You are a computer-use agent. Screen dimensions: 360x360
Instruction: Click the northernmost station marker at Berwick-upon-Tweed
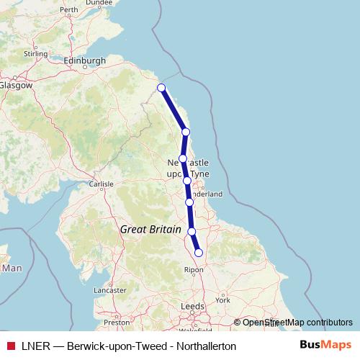point(161,88)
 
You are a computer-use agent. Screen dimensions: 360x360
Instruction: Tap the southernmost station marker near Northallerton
point(199,252)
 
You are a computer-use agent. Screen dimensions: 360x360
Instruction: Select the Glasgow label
point(16,84)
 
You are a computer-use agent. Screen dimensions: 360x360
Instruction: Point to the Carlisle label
point(102,184)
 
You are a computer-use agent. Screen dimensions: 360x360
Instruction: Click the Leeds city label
point(192,306)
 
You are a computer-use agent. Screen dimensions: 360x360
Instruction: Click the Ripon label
point(195,270)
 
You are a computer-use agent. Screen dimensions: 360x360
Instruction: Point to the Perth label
point(69,10)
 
